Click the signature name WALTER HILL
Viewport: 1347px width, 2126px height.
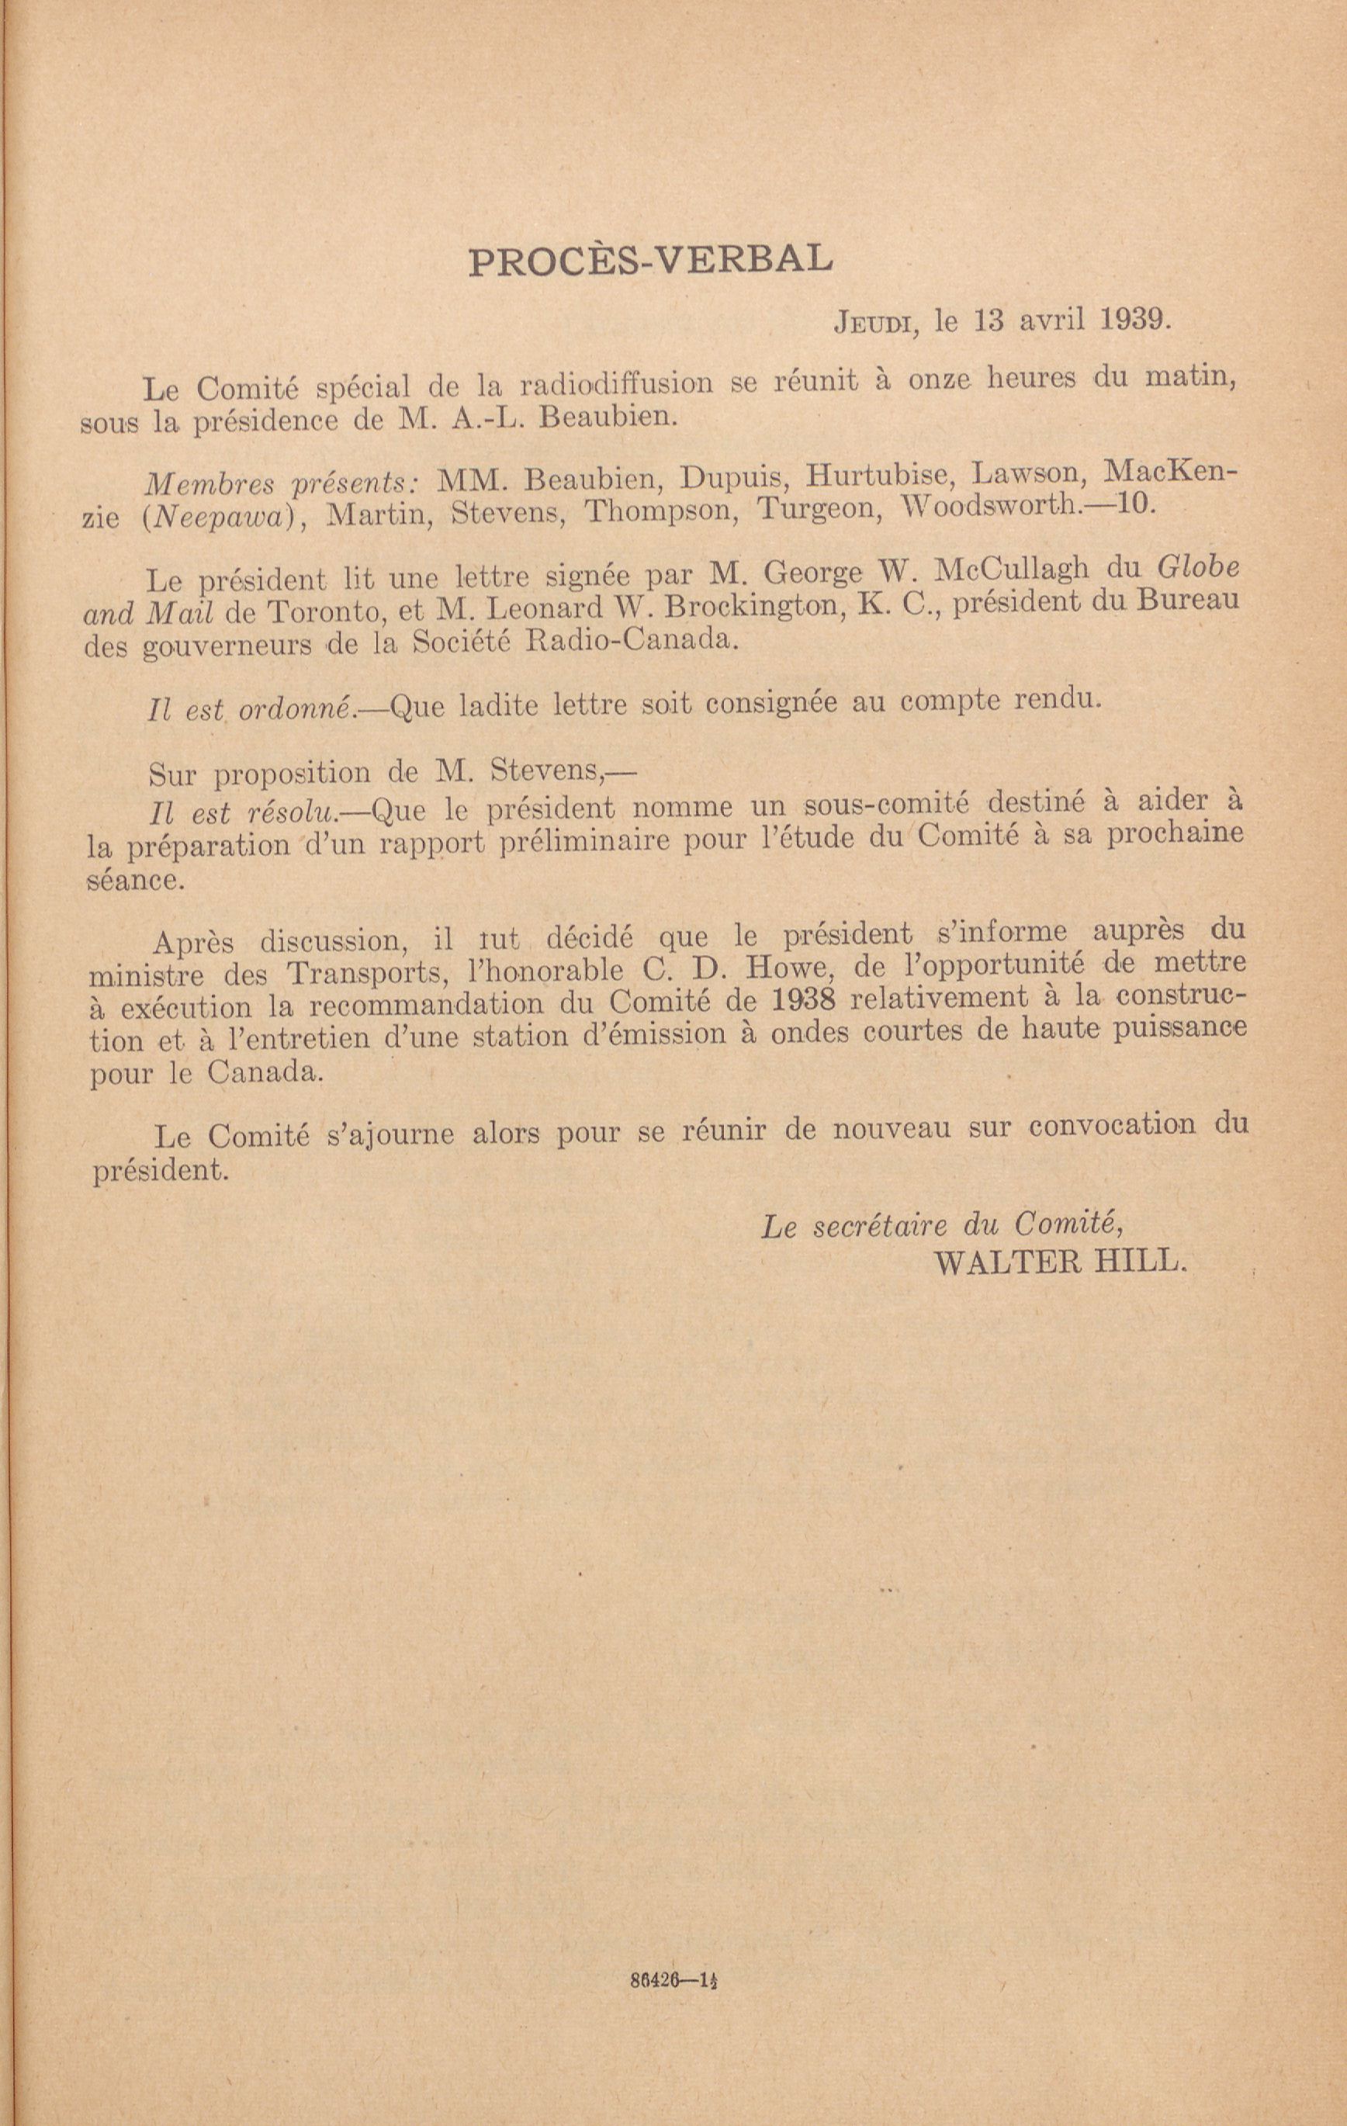(x=1060, y=1262)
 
